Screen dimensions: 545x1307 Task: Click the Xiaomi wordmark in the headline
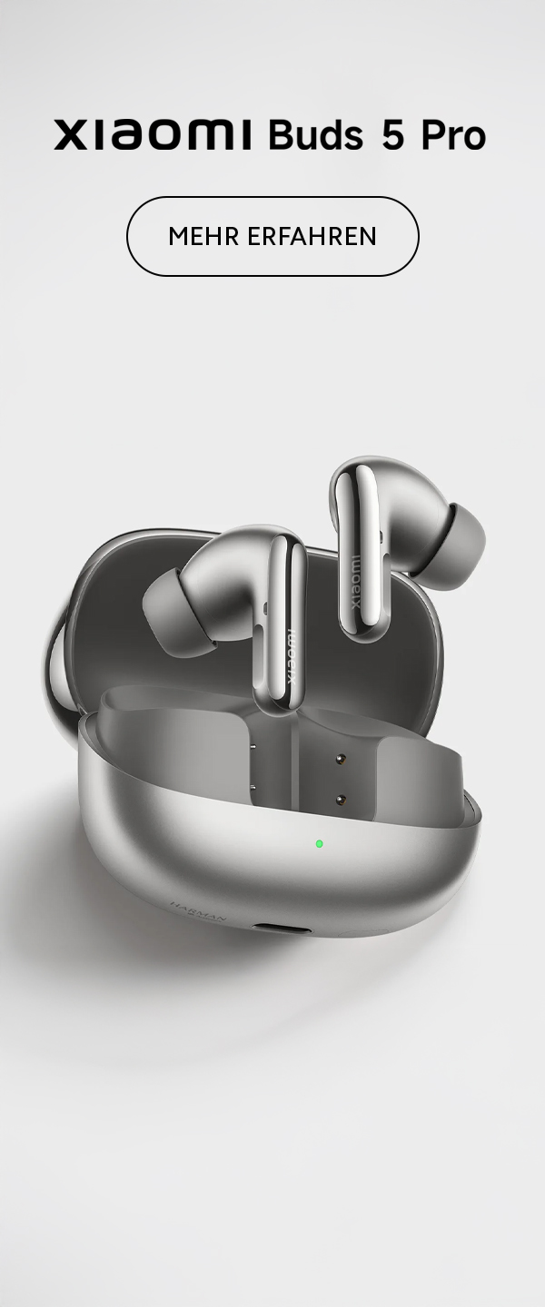coord(153,134)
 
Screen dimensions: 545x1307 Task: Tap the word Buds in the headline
coord(315,134)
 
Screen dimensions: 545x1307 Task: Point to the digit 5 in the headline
coord(393,134)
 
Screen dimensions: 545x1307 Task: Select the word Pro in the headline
coord(453,134)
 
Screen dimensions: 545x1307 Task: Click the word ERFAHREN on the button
coord(312,236)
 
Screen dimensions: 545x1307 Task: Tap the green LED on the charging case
coord(319,843)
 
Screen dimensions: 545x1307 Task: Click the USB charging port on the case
coord(281,927)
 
